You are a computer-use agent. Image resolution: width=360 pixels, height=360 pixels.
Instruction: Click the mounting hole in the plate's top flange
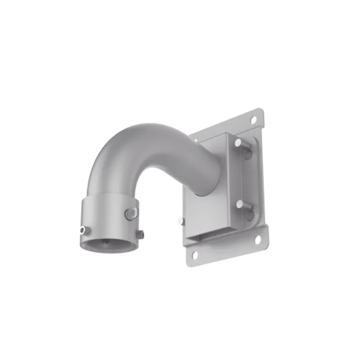(x=253, y=117)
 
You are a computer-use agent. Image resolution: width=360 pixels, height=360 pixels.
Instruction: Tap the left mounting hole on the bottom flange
(x=194, y=253)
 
